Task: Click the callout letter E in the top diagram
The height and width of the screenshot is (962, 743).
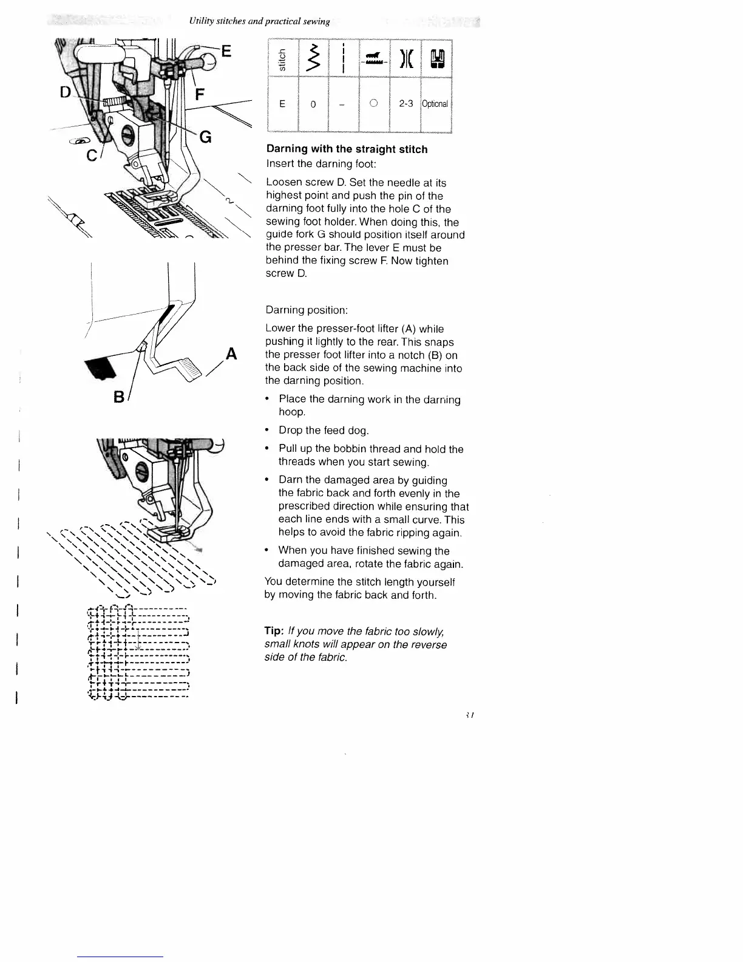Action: coord(225,51)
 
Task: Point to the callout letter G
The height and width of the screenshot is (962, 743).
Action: coord(206,137)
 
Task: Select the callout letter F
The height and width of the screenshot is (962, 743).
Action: coord(200,95)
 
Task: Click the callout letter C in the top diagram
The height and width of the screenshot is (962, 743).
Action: coord(92,155)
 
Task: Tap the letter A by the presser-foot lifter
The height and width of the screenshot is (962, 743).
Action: coord(231,354)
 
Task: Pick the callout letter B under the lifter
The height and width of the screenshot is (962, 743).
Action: coord(120,397)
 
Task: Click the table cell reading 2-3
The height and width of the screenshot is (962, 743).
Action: coord(405,104)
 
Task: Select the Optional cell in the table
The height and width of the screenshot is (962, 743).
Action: coord(435,104)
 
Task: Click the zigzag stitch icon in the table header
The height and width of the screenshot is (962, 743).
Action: coord(313,59)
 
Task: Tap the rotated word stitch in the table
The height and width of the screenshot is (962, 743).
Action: coord(282,60)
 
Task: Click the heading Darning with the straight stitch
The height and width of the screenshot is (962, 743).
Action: coord(347,149)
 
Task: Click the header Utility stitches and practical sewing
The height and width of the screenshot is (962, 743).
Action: coord(259,21)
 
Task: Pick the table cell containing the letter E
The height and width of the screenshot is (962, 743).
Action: coord(282,104)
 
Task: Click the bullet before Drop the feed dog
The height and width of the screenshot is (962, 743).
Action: coord(267,431)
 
